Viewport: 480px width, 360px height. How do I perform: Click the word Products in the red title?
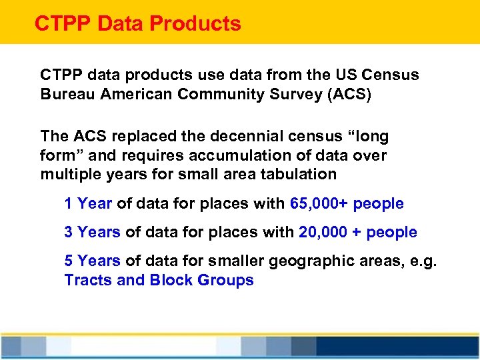point(195,24)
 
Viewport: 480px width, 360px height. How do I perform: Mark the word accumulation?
point(245,156)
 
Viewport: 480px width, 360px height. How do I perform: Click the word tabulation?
point(304,175)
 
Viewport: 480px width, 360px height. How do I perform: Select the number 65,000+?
point(319,203)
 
